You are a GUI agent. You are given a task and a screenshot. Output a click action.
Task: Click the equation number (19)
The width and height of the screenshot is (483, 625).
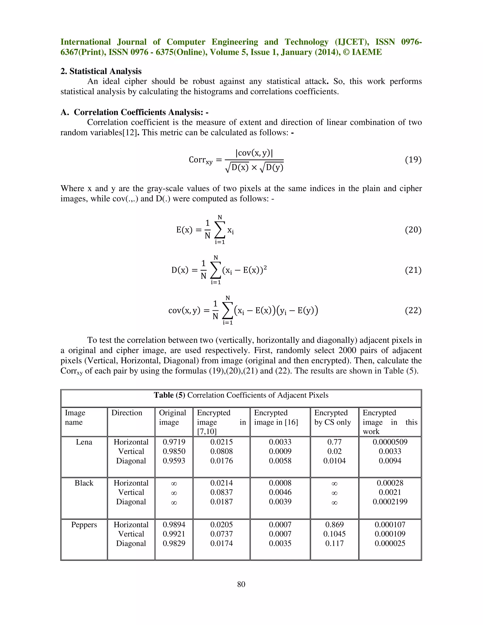tap(413, 160)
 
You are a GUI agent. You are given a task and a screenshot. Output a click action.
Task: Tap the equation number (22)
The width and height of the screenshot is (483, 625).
tap(413, 311)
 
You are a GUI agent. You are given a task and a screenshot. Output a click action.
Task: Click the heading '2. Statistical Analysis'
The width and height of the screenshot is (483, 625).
tap(101, 71)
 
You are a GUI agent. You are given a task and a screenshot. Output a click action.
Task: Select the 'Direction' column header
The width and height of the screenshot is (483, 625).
tap(127, 413)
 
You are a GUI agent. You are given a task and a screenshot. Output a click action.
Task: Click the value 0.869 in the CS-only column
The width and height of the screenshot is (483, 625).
tap(334, 525)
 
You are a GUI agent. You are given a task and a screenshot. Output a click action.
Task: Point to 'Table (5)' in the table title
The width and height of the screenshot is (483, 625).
tap(169, 395)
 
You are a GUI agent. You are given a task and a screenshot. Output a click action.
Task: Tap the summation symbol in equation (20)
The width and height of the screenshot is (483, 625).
tap(220, 230)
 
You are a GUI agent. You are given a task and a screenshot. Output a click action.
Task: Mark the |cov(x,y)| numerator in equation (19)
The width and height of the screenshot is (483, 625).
tap(254, 153)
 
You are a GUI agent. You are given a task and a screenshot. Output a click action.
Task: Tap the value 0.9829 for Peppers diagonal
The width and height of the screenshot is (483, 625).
tap(174, 543)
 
